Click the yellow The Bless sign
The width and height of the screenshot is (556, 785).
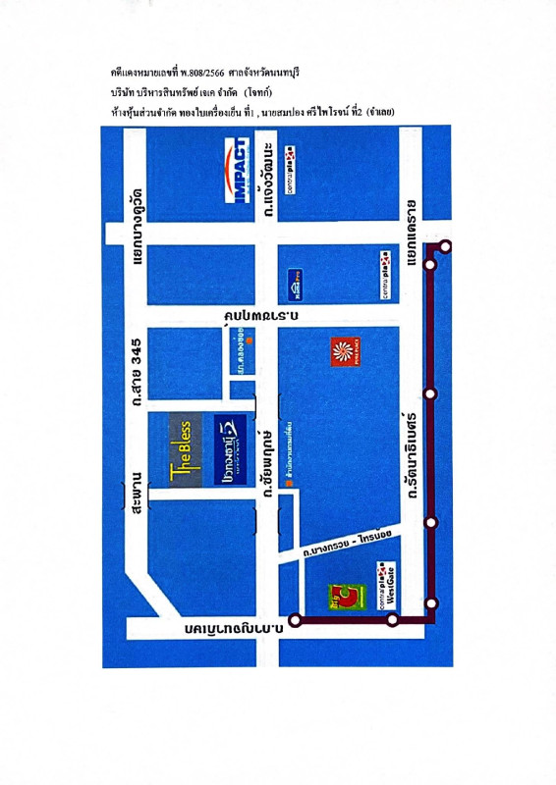pyautogui.click(x=184, y=447)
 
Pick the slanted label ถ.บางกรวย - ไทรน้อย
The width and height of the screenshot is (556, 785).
pyautogui.click(x=349, y=543)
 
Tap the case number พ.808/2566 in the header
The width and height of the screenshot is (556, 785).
pyautogui.click(x=200, y=74)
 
